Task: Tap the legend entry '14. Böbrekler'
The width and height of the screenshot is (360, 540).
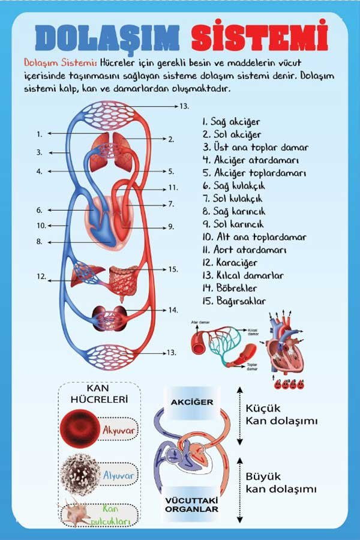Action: tap(233, 288)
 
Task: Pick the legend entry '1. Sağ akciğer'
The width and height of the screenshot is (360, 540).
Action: tap(231, 122)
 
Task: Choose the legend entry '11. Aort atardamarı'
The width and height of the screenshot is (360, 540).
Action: tap(244, 250)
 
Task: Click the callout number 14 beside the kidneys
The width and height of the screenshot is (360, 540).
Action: tap(173, 310)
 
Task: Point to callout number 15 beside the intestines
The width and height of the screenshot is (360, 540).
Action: tap(173, 269)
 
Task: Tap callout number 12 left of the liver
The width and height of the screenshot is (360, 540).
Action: tap(41, 277)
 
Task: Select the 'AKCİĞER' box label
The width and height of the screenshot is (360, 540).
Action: tap(192, 402)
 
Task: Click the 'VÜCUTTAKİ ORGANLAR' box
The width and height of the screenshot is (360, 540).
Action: tap(192, 504)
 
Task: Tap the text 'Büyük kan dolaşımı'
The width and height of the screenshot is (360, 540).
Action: tap(280, 483)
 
